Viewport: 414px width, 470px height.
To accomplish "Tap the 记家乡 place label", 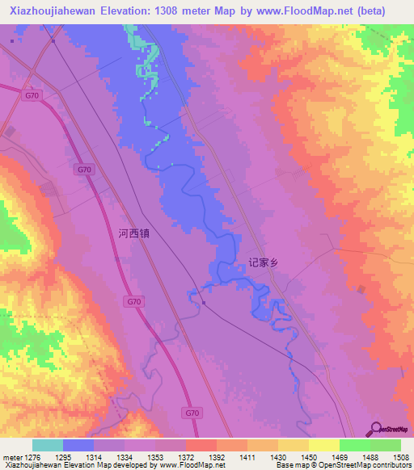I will pyautogui.click(x=264, y=262).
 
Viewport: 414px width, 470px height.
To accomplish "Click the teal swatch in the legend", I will pyautogui.click(x=47, y=445).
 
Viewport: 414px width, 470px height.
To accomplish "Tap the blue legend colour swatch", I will pyautogui.click(x=78, y=445).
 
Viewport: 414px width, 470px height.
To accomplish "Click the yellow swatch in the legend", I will pyautogui.click(x=323, y=445).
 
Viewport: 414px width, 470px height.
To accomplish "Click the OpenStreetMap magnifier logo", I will pyautogui.click(x=375, y=428).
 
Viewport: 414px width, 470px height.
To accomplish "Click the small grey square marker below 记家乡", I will pyautogui.click(x=205, y=304).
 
